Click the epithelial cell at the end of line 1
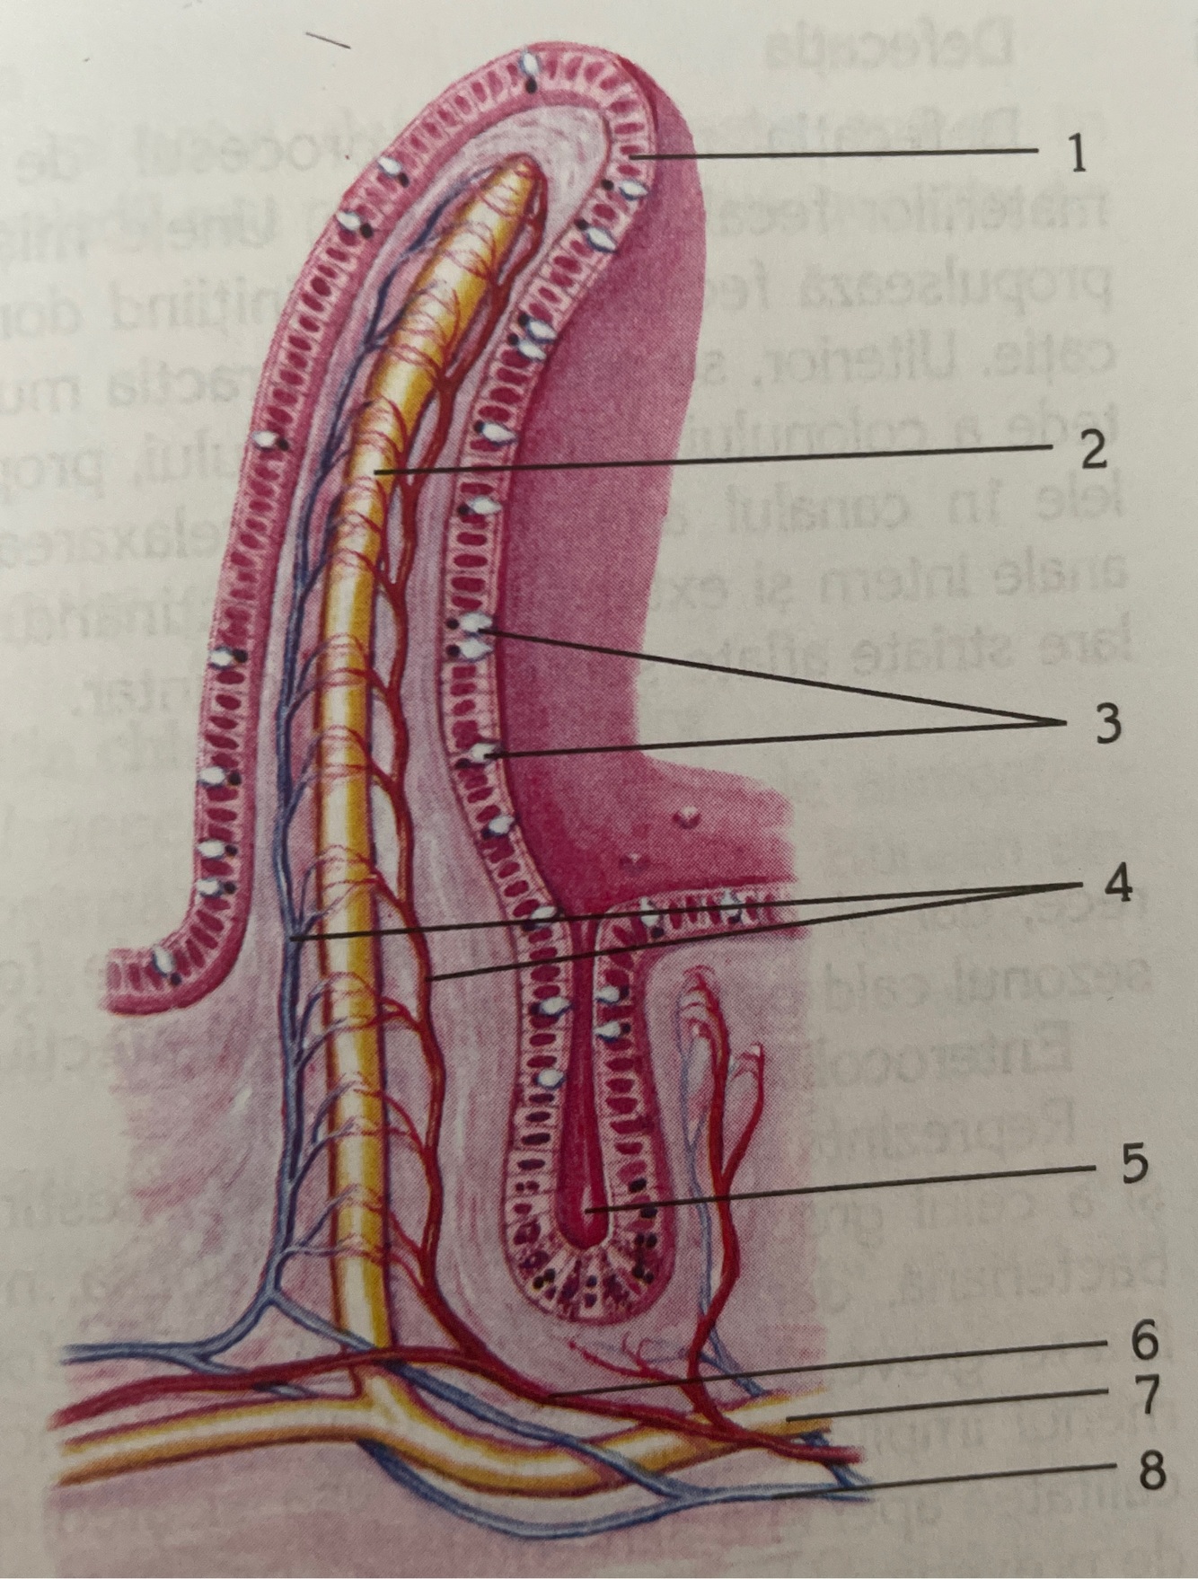(x=634, y=159)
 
